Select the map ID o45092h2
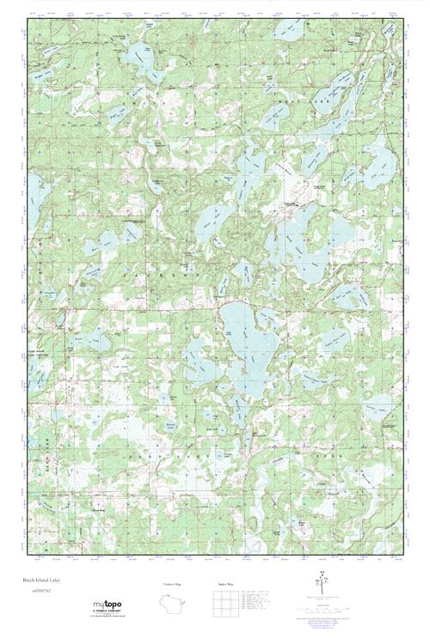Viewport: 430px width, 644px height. coord(36,592)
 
